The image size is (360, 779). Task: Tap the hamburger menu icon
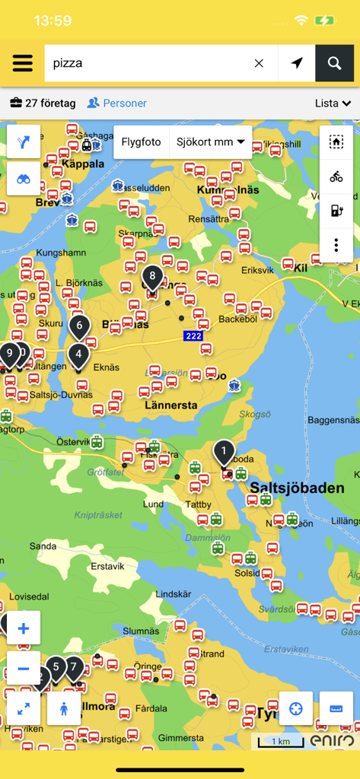(x=23, y=63)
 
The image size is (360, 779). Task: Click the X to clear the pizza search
(x=259, y=63)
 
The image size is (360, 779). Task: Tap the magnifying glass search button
(x=335, y=63)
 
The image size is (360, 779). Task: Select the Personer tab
(x=117, y=103)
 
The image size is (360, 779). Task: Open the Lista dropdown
(x=333, y=103)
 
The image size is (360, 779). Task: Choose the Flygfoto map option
(x=141, y=141)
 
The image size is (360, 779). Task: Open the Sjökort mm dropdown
(x=211, y=141)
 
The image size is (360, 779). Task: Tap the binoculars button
(x=24, y=180)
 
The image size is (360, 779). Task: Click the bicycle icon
(x=336, y=176)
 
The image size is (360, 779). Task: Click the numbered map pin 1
(x=224, y=453)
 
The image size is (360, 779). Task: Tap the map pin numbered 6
(x=79, y=326)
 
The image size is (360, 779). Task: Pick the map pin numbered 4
(x=78, y=355)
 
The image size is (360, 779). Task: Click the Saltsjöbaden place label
(x=295, y=488)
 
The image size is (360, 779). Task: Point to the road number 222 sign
(x=193, y=335)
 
